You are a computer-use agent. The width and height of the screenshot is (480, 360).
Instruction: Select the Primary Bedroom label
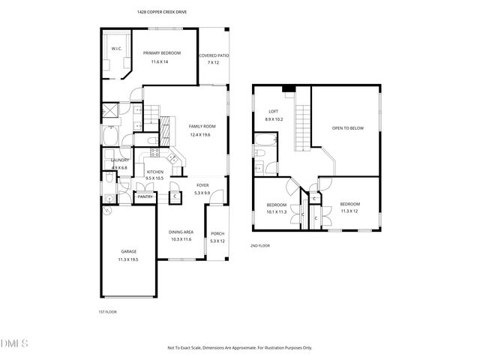(x=161, y=52)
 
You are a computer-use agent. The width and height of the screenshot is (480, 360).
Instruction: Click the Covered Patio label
(x=214, y=56)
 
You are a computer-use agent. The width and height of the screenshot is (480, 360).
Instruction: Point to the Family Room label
(x=202, y=126)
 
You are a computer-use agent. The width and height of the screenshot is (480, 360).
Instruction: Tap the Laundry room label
(x=120, y=160)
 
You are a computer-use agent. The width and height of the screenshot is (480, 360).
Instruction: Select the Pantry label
(x=145, y=196)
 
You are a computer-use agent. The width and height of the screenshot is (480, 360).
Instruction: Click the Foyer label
(x=202, y=185)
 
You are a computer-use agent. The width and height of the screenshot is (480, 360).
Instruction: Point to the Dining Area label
(x=181, y=232)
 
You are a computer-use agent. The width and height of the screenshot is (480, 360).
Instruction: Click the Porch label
(x=217, y=233)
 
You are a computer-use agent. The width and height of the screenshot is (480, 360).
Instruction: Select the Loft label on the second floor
(x=274, y=112)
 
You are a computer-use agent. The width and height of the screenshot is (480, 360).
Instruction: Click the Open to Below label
(x=348, y=128)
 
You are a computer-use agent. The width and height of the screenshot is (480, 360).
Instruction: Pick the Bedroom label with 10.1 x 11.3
(x=277, y=205)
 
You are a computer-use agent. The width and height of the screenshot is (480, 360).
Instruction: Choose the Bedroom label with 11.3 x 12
(x=349, y=204)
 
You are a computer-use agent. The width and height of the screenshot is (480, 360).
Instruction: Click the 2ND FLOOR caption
(x=260, y=245)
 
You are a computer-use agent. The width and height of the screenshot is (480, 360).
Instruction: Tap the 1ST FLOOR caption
(x=108, y=311)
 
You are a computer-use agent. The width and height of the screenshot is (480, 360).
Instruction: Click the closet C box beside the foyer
(x=174, y=196)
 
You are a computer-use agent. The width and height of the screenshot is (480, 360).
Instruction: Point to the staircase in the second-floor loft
(x=303, y=127)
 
